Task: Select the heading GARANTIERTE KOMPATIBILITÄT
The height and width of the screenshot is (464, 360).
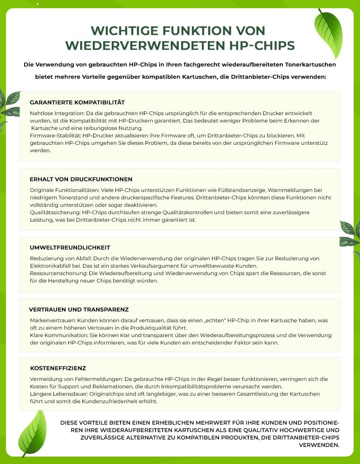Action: pyautogui.click(x=77, y=102)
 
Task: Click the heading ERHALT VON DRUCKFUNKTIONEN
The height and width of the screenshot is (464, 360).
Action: pyautogui.click(x=81, y=179)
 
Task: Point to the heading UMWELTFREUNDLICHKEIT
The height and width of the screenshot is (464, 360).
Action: pyautogui.click(x=70, y=247)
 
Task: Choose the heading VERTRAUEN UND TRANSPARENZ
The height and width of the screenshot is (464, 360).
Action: pyautogui.click(x=79, y=309)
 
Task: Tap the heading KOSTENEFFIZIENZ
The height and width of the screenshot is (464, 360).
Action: pyautogui.click(x=58, y=368)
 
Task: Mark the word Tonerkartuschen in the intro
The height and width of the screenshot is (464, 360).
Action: pyautogui.click(x=311, y=65)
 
